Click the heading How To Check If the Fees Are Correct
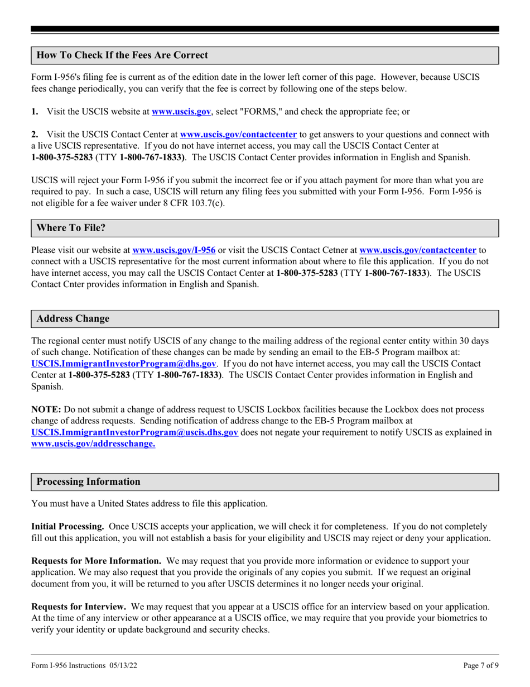coord(122,55)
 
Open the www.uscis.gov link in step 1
coord(181,112)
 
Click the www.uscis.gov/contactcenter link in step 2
coord(238,135)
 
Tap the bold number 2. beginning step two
coord(35,135)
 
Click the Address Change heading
coord(73,319)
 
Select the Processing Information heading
coord(88,481)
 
